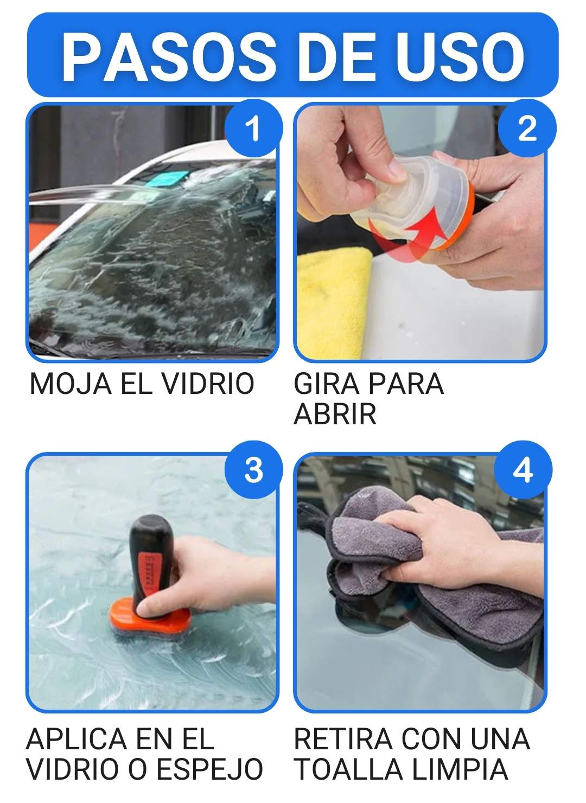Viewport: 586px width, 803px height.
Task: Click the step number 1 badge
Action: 253,129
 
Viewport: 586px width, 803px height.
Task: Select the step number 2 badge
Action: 527,129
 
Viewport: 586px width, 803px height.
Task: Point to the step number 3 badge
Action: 253,470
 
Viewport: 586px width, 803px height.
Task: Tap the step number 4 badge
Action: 523,470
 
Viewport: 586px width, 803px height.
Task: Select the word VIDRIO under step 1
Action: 208,384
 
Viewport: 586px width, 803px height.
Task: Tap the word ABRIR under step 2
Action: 335,414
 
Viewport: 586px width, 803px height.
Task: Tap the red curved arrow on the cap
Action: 412,230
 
